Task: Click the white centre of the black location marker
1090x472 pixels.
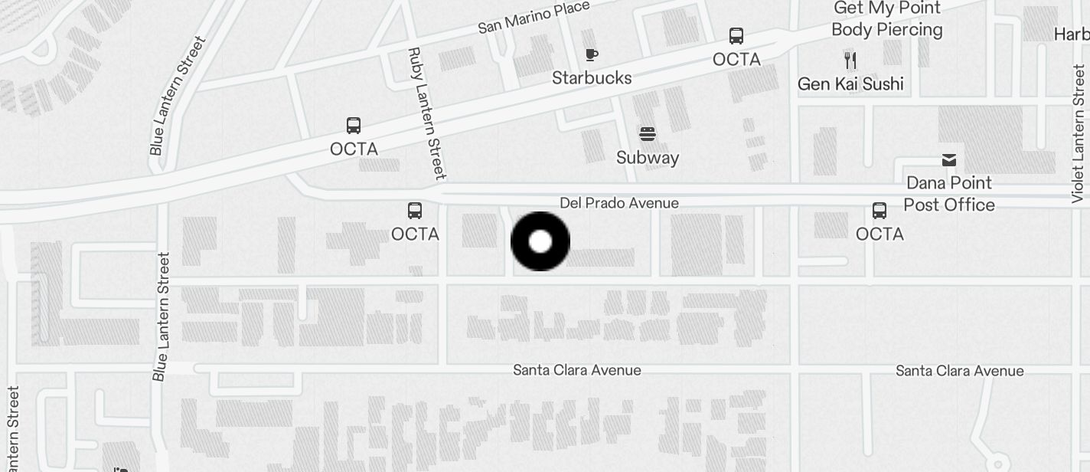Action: [540, 241]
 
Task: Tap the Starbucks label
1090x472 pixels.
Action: [592, 78]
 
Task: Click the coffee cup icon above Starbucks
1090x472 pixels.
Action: [591, 54]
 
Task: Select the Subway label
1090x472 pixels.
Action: [648, 158]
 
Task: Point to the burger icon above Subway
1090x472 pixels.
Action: [648, 135]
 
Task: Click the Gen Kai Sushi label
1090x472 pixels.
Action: [850, 84]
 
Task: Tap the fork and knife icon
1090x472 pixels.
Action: [850, 60]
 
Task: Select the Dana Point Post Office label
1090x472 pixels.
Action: [949, 194]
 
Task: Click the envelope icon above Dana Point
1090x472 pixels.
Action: [949, 159]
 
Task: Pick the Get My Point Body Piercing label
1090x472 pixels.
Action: [887, 19]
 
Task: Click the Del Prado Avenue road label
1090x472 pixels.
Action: [619, 203]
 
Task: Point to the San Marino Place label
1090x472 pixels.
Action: [534, 18]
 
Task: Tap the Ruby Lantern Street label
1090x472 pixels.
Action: [426, 113]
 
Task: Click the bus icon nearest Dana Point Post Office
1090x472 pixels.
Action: [880, 211]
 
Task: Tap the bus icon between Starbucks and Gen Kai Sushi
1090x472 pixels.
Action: [736, 36]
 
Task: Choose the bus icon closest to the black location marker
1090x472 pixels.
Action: [415, 211]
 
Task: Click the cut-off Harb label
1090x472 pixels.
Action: [1071, 34]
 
